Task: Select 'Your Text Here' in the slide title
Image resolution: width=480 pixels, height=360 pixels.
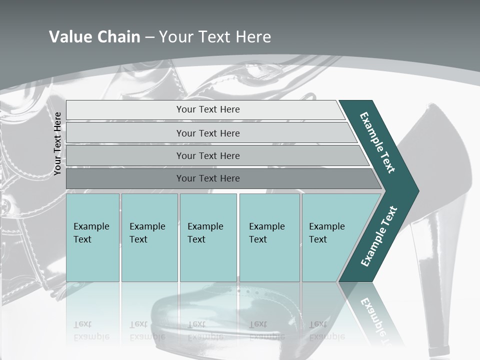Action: [x=215, y=36]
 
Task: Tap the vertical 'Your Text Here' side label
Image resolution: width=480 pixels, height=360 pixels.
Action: [x=57, y=143]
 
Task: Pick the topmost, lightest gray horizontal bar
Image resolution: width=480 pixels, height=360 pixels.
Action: [x=207, y=109]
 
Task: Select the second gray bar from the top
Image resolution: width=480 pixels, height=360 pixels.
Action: [x=207, y=133]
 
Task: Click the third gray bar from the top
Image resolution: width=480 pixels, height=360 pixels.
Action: [x=207, y=155]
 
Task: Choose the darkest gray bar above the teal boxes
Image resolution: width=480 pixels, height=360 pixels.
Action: [x=207, y=178]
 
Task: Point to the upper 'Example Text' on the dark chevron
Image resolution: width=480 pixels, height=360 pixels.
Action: [x=377, y=142]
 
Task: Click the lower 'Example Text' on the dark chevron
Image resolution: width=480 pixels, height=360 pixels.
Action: [x=378, y=236]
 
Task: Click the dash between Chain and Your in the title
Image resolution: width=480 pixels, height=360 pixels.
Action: [x=149, y=37]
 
